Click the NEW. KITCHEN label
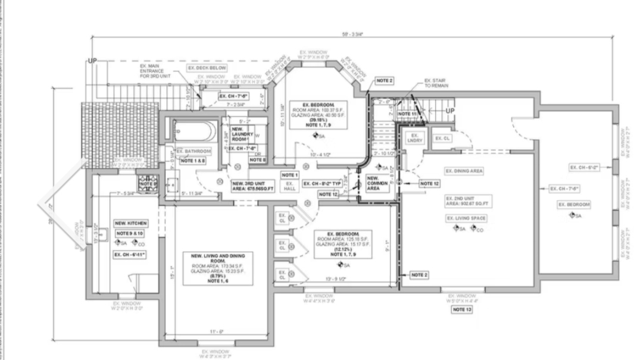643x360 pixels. [x=130, y=223]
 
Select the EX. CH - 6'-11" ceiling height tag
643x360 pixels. [x=130, y=254]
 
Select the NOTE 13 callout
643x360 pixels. [x=462, y=309]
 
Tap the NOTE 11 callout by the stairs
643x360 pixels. [x=407, y=113]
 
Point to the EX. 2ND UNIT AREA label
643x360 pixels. [x=466, y=201]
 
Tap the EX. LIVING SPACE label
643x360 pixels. [x=465, y=218]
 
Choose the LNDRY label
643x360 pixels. [x=415, y=140]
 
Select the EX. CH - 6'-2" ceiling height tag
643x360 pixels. [x=585, y=168]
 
